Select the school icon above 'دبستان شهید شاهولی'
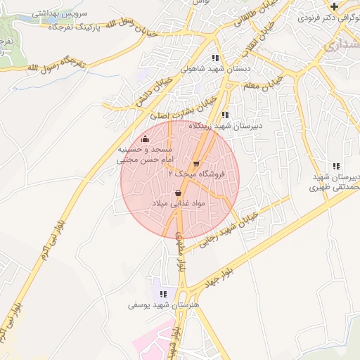point(215,58)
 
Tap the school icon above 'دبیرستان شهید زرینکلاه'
point(224,115)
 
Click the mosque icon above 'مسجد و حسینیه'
point(145,139)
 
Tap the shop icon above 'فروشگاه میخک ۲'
point(196,163)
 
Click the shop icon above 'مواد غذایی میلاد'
point(178,192)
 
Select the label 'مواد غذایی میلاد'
point(178,203)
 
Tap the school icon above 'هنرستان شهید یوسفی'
point(163,294)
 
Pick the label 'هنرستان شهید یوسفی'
point(163,306)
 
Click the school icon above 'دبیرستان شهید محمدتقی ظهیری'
point(337,165)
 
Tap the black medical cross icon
point(333,6)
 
